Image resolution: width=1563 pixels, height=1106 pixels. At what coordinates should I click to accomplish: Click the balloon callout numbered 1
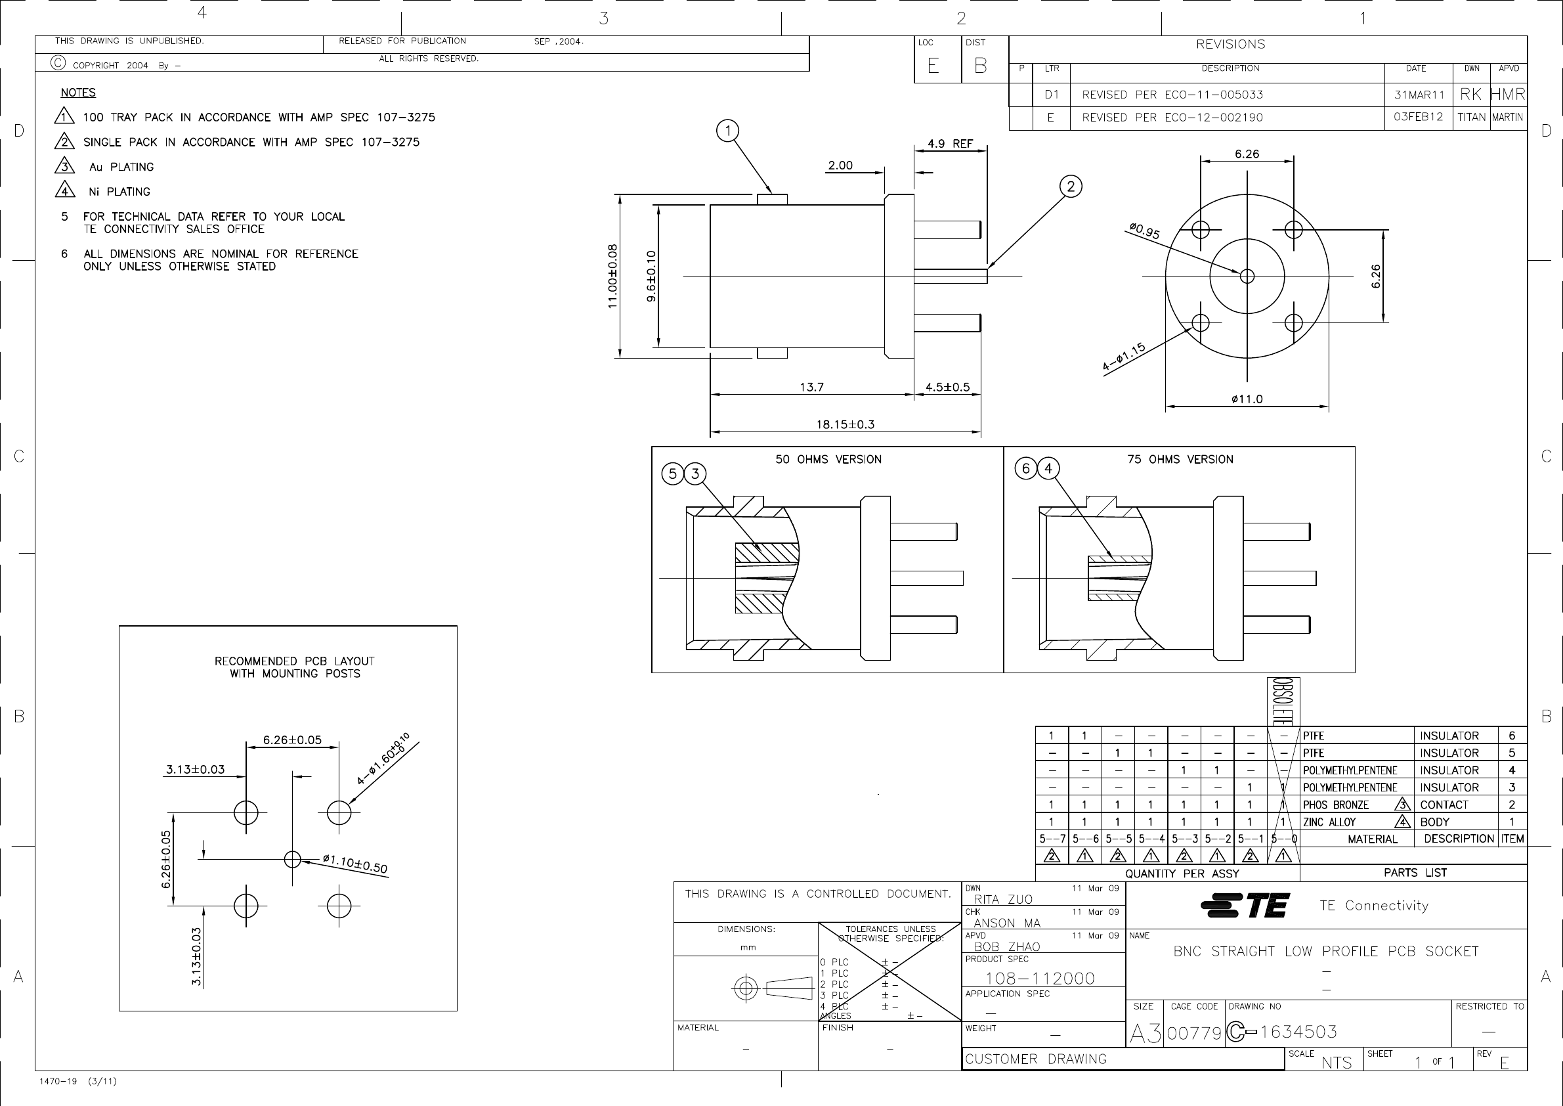pos(728,131)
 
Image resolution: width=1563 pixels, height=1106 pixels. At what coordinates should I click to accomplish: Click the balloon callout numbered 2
pos(1071,187)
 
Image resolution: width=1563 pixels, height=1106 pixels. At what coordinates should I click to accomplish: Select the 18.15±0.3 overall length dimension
pos(846,424)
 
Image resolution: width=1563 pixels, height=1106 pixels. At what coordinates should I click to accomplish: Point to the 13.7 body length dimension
pos(811,387)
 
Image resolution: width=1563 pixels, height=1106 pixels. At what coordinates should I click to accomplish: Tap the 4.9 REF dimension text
pos(951,144)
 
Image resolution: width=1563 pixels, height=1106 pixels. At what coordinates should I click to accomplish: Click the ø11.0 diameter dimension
pos(1247,399)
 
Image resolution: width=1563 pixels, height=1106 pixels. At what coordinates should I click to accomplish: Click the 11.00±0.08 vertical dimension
pos(612,276)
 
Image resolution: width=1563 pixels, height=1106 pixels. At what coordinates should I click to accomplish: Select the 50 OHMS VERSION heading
pos(828,460)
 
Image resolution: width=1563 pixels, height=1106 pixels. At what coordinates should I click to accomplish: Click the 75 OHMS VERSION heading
pos(1180,460)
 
